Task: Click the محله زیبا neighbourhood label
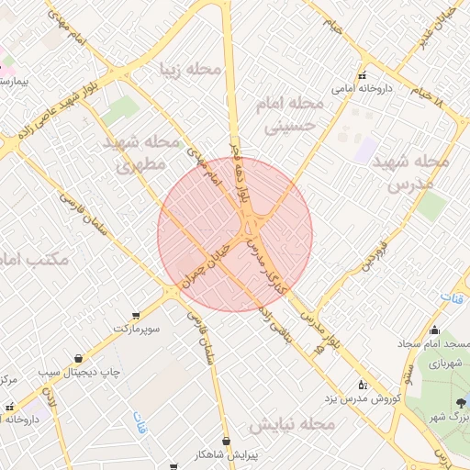(191, 70)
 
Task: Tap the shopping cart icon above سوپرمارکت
(137, 313)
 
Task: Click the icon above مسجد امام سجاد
(434, 330)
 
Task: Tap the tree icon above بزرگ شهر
(461, 401)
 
